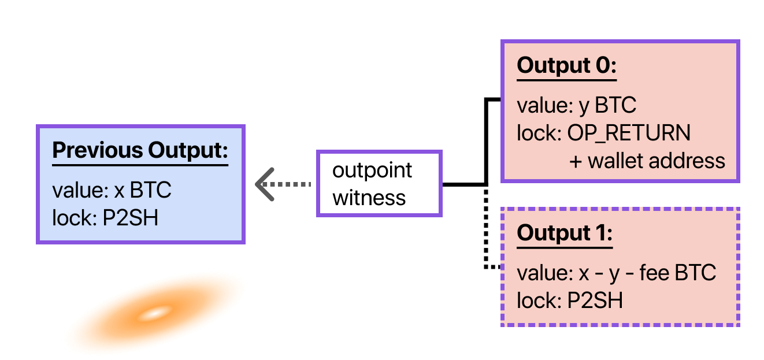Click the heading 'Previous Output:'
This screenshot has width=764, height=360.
(140, 150)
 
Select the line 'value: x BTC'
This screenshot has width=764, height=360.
(112, 191)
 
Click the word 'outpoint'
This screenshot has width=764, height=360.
(372, 170)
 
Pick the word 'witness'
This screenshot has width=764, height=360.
(369, 198)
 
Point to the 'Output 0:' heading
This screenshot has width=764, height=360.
(566, 65)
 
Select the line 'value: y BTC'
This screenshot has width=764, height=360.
(576, 106)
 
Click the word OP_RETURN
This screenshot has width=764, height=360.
(629, 133)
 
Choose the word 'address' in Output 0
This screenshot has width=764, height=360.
(691, 161)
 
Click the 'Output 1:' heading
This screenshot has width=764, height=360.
(564, 233)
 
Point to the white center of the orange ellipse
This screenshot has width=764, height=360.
(154, 314)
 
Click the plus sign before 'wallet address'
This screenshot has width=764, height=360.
(576, 161)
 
